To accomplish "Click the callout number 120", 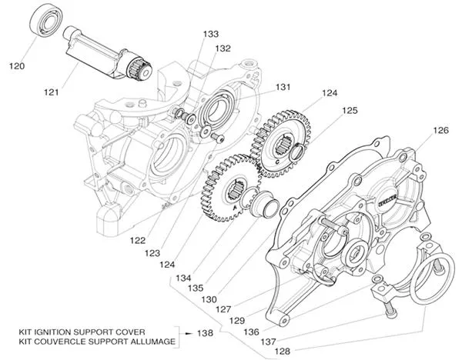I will [x=17, y=66].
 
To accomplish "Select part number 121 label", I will [x=52, y=92].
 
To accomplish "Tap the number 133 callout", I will [x=210, y=35].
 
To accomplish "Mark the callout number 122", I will [x=137, y=240].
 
